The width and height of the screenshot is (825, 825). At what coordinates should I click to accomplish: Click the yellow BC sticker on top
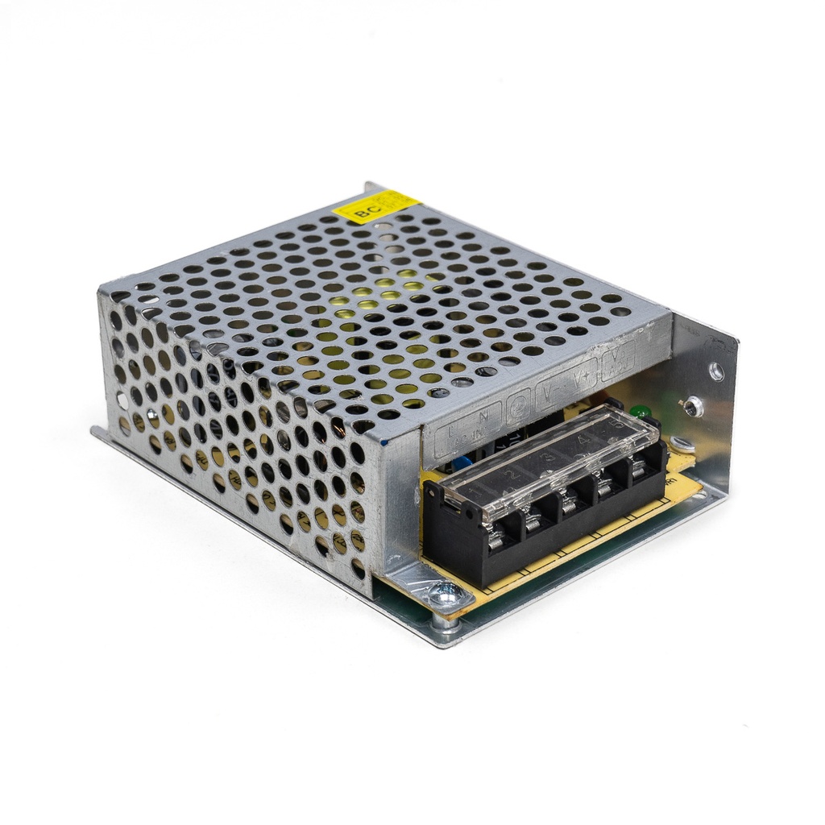coord(376,206)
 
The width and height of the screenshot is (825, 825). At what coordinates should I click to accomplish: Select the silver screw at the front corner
coord(446,595)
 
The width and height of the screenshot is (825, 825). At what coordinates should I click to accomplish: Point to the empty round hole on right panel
coord(715,371)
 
